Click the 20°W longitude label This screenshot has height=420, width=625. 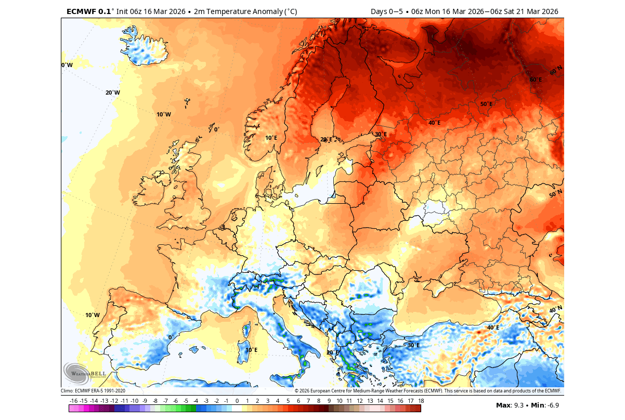pyautogui.click(x=112, y=93)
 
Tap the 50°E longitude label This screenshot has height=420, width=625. pyautogui.click(x=486, y=104)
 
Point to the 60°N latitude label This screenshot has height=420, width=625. pyautogui.click(x=556, y=70)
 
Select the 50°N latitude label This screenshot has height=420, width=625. pyautogui.click(x=556, y=194)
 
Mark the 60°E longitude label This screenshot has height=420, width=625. pyautogui.click(x=536, y=80)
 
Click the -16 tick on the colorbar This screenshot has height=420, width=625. pyautogui.click(x=73, y=401)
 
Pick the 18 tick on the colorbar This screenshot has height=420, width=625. pyautogui.click(x=420, y=401)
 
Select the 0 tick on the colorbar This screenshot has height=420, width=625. pyautogui.click(x=237, y=401)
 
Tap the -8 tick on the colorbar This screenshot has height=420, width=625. pyautogui.click(x=155, y=401)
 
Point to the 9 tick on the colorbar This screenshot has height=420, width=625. pyautogui.click(x=329, y=401)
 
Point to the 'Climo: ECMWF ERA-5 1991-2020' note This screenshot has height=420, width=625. pyautogui.click(x=93, y=391)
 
